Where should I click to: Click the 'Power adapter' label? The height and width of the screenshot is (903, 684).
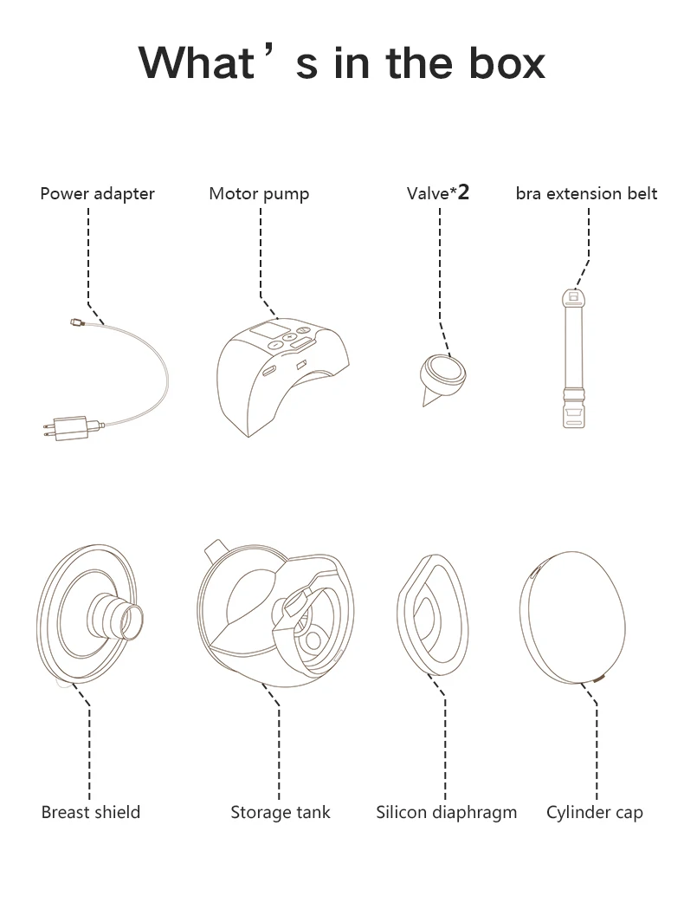click(x=97, y=193)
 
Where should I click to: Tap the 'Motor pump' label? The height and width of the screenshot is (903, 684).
click(x=259, y=193)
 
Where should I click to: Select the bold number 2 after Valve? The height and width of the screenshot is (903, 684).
click(x=463, y=192)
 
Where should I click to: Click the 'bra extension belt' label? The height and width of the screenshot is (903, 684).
click(x=586, y=193)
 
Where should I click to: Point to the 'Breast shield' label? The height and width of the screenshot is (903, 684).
click(x=91, y=812)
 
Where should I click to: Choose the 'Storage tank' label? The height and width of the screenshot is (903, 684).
click(x=280, y=812)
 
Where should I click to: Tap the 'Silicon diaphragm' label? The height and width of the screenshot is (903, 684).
click(x=446, y=812)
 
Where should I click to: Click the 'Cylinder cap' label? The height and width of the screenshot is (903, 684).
click(x=595, y=812)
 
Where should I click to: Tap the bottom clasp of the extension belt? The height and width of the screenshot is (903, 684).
click(x=573, y=408)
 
